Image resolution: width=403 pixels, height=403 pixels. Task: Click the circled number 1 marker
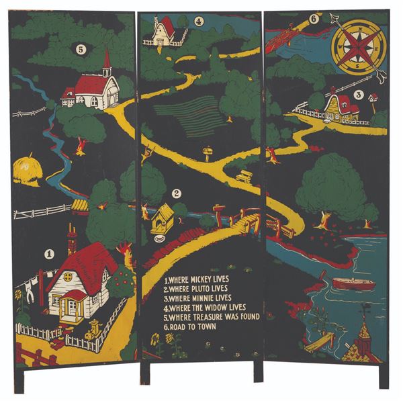tap(49, 255)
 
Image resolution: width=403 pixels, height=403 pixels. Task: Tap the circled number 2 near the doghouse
tap(177, 193)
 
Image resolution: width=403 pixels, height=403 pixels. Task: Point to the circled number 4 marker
tap(199, 21)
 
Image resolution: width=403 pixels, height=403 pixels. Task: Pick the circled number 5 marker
tap(81, 48)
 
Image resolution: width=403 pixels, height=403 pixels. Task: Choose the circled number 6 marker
tap(314, 19)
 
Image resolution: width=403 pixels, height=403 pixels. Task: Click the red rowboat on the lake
tap(354, 283)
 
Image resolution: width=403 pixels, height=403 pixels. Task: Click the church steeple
tap(106, 62)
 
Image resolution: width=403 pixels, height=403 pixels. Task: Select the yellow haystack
tap(26, 170)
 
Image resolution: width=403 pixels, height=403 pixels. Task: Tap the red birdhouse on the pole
tap(374, 98)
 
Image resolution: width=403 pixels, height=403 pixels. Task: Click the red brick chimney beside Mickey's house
tap(72, 238)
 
